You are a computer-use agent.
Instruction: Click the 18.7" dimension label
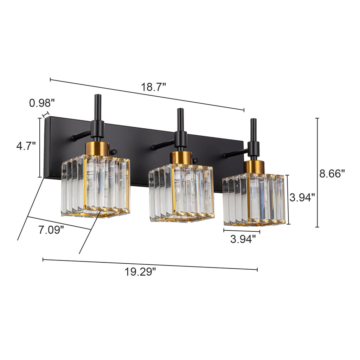[154, 87]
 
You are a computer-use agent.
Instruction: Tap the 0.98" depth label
[42, 103]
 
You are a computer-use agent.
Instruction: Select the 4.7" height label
[26, 146]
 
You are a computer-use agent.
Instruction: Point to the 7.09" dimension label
[51, 230]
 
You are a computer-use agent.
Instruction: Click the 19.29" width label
[140, 271]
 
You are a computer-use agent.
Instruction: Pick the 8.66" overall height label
[332, 173]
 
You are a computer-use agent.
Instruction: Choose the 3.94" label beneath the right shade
[243, 240]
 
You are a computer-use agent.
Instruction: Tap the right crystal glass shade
[254, 199]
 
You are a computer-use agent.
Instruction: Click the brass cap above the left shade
[97, 148]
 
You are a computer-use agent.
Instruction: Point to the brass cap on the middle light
[181, 157]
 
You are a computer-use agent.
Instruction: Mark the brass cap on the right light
[254, 166]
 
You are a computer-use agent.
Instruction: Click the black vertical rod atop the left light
[98, 107]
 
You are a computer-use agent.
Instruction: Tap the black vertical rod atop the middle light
[180, 119]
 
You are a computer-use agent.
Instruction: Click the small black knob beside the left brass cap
[113, 152]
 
